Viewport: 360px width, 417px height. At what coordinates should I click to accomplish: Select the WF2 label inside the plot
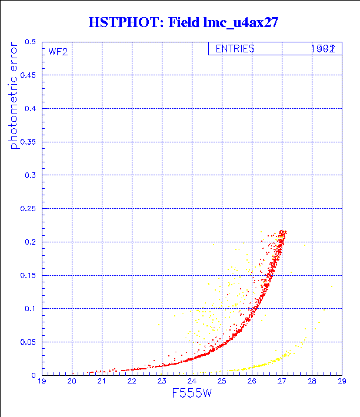[58, 52]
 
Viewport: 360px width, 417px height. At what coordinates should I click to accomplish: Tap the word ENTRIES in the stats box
[234, 49]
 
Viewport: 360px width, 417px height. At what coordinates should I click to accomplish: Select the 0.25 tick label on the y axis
[27, 209]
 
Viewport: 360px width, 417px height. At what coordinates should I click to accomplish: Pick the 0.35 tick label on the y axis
[27, 142]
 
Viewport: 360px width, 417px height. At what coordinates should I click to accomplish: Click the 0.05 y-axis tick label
[27, 342]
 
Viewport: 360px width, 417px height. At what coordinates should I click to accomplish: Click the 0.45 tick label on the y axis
[27, 76]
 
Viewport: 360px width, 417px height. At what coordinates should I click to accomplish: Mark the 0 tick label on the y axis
[34, 375]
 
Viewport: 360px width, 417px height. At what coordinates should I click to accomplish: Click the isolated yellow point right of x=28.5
[332, 286]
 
